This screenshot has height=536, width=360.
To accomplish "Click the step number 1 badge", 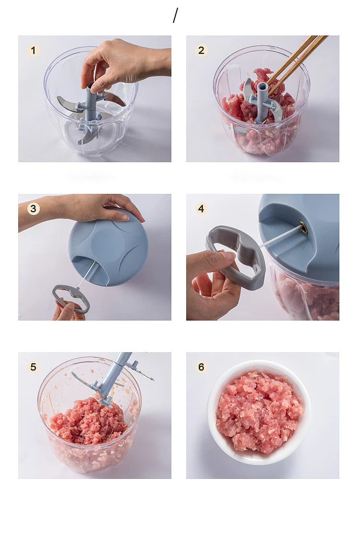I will [33, 50].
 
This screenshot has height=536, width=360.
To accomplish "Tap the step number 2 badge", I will [201, 50].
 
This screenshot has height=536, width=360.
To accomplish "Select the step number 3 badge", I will [33, 209].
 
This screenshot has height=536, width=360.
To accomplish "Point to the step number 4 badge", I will [201, 209].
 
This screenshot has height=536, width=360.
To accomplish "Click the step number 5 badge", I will [33, 367].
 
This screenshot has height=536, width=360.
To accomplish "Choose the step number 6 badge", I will [201, 367].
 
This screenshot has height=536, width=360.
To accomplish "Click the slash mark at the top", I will [175, 15].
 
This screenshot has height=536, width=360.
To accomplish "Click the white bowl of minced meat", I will [259, 413].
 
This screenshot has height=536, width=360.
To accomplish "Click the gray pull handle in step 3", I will [71, 298].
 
